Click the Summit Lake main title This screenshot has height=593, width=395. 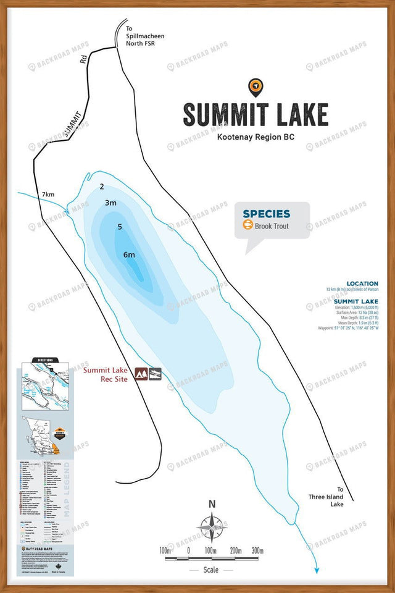click(x=255, y=115)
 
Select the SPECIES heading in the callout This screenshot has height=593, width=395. click(x=266, y=214)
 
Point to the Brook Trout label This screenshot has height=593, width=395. click(x=272, y=226)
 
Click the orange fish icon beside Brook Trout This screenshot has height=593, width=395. click(x=247, y=226)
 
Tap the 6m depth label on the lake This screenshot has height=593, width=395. click(x=129, y=255)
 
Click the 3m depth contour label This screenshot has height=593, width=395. click(x=111, y=203)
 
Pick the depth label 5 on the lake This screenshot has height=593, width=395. click(x=120, y=227)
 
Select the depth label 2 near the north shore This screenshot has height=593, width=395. click(x=102, y=186)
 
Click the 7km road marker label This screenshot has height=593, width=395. click(x=48, y=195)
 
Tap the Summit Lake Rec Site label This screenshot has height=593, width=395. click(x=106, y=374)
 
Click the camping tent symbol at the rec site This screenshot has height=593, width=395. click(x=141, y=374)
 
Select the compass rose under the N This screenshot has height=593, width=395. click(x=212, y=529)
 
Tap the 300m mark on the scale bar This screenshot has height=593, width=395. click(x=258, y=551)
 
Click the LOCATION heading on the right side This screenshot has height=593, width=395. click(x=362, y=284)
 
